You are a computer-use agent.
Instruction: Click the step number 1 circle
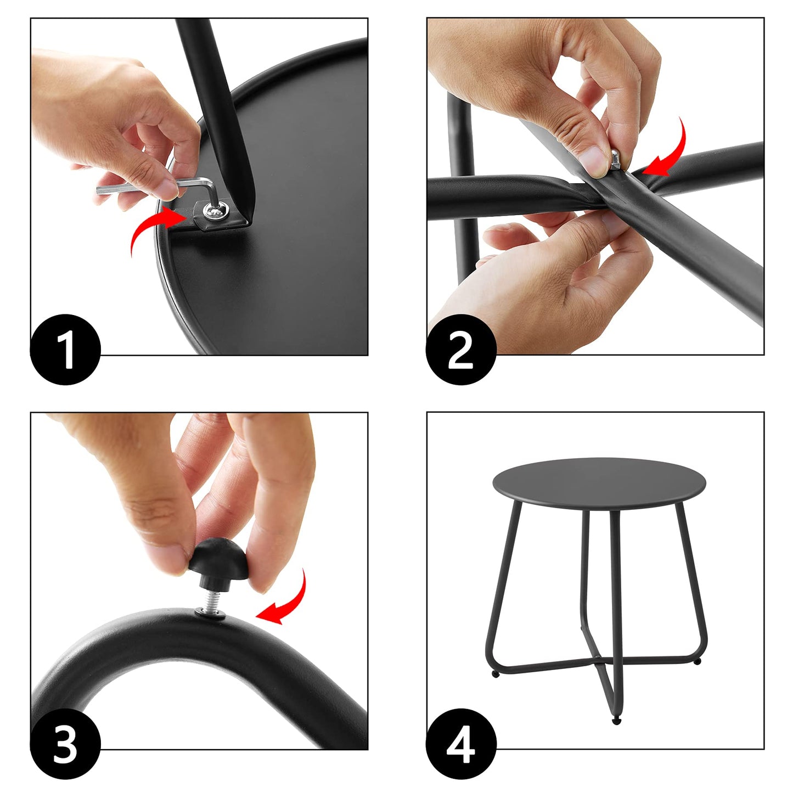tap(65, 350)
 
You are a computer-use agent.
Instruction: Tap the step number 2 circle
tap(461, 350)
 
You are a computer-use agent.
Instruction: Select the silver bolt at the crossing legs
tap(615, 160)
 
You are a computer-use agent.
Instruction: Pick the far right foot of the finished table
tap(697, 662)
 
